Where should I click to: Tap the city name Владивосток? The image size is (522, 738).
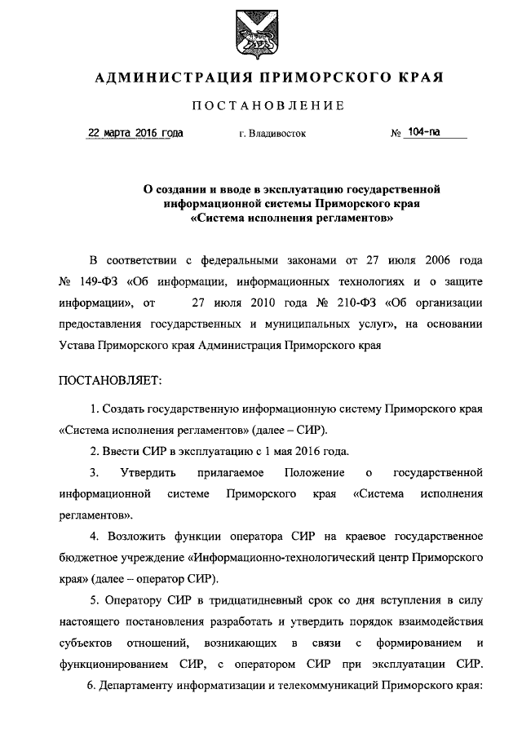(272, 134)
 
